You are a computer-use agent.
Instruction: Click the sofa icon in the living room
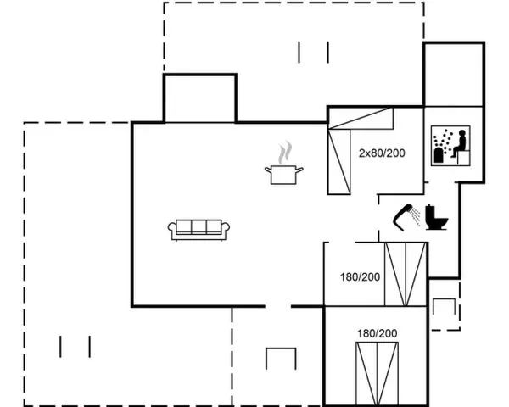[x=199, y=230]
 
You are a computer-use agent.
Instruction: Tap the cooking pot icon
[x=283, y=175]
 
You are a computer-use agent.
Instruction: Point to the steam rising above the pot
[x=285, y=153]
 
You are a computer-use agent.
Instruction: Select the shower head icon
[x=406, y=217]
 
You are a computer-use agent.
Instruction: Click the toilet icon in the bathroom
[x=436, y=217]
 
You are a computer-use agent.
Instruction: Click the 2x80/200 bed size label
[x=382, y=153]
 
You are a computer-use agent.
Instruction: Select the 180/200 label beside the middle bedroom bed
[x=360, y=277]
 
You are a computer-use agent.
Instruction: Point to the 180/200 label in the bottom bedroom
[x=378, y=333]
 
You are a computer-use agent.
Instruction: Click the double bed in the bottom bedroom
[x=377, y=374]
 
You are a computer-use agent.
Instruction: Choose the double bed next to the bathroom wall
[x=406, y=274]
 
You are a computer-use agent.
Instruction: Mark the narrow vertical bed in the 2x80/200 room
[x=338, y=162]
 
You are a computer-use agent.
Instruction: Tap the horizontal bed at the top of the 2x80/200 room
[x=361, y=118]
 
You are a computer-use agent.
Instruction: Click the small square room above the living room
[x=200, y=98]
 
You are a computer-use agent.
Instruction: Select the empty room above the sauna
[x=454, y=74]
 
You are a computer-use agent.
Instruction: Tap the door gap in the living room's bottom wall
[x=278, y=306]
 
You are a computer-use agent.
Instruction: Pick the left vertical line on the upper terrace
[x=299, y=52]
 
